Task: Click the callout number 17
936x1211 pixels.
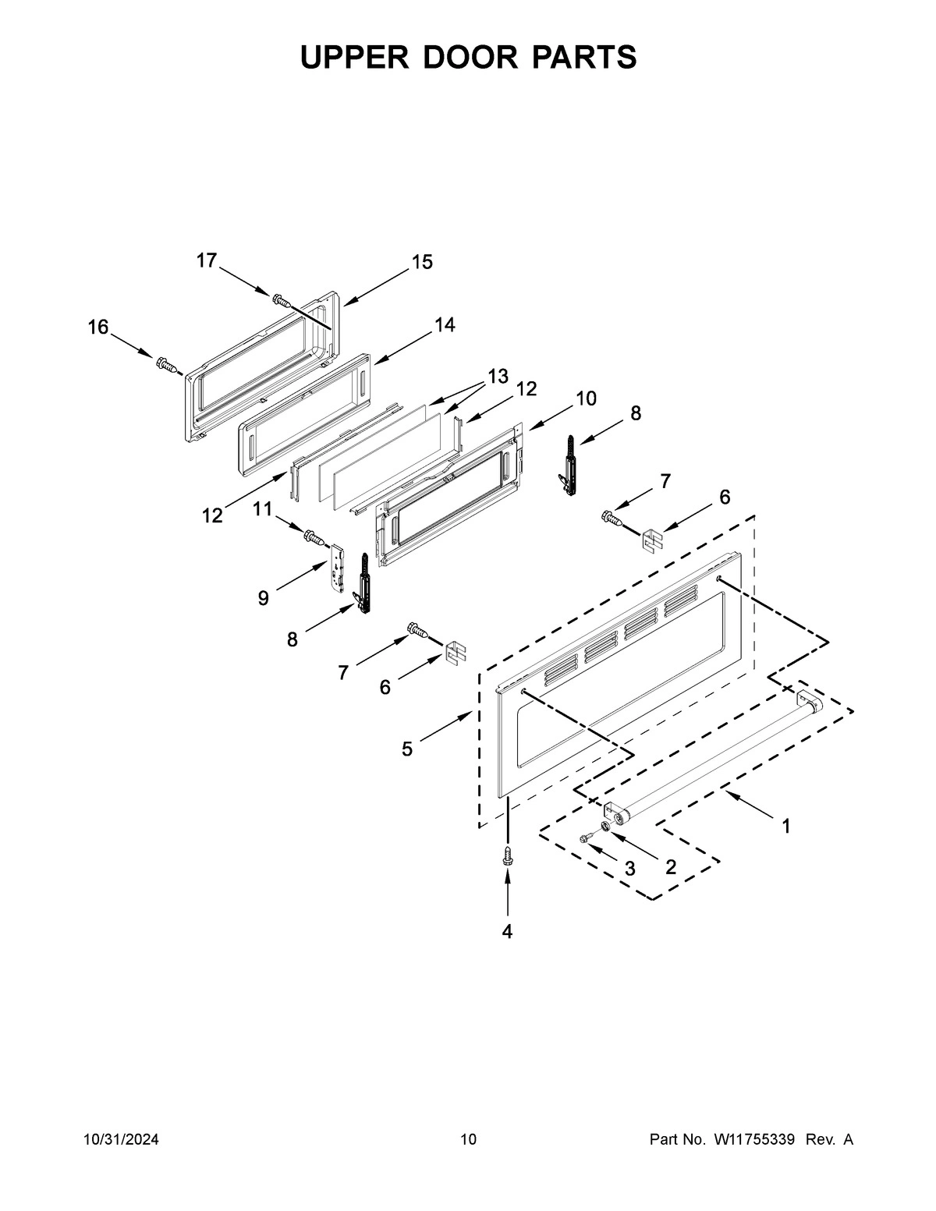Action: point(206,260)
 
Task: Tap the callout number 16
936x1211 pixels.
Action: point(97,328)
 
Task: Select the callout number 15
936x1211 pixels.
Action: point(422,262)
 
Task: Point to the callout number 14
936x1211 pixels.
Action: point(445,324)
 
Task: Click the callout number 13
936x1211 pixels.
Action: point(498,377)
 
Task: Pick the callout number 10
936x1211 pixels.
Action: point(586,398)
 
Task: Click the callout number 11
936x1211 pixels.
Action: point(262,509)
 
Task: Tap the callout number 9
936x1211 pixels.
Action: point(263,598)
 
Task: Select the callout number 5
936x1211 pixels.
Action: point(407,749)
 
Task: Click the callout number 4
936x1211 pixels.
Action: point(507,931)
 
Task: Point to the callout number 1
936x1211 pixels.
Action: point(785,826)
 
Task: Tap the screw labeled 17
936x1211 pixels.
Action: point(281,299)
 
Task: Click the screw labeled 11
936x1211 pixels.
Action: point(314,536)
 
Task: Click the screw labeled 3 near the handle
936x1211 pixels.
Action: point(587,837)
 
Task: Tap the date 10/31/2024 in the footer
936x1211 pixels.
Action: point(121,1140)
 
